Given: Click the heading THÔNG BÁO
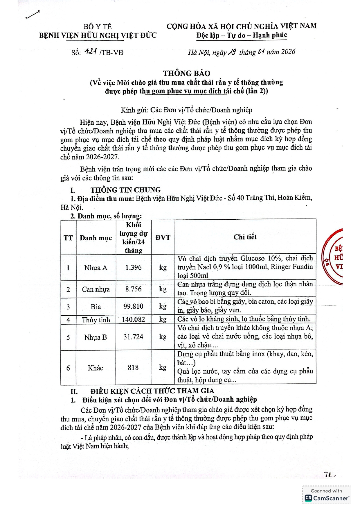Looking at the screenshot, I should (186, 73).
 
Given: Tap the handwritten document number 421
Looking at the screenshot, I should (91, 52).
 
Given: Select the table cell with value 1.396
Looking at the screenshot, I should (134, 267).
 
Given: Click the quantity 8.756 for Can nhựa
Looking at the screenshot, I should (134, 289).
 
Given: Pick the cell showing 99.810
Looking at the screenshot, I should (134, 306).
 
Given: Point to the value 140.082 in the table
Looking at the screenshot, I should (134, 320).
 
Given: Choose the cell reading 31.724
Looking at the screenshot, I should (134, 337).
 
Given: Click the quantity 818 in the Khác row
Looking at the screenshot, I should (133, 368).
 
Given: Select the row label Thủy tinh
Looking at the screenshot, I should (96, 320).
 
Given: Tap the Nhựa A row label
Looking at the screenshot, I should (96, 268).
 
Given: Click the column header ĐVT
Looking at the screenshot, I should (163, 238).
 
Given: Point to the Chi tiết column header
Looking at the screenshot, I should (245, 237).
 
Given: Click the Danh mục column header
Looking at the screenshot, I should (96, 238).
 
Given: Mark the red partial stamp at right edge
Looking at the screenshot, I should (333, 257).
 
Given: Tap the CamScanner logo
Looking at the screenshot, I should (327, 498).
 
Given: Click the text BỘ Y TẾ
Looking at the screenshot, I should (98, 27).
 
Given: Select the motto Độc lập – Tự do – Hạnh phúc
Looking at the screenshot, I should (242, 35).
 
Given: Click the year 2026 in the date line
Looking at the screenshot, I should (288, 52).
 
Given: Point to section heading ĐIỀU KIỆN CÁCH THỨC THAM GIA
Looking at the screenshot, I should (152, 391).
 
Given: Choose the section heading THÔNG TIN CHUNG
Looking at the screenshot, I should (125, 190).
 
